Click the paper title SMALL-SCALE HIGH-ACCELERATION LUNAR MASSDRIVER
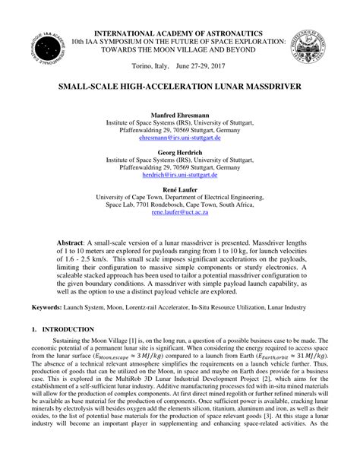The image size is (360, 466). pos(178,88)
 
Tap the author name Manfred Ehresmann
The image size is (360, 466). pos(179,114)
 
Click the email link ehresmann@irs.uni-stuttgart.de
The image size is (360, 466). pos(179,140)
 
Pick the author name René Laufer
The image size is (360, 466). pos(179,187)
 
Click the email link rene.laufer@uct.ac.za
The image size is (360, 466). pos(179,214)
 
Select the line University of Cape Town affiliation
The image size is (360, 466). pos(179,196)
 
